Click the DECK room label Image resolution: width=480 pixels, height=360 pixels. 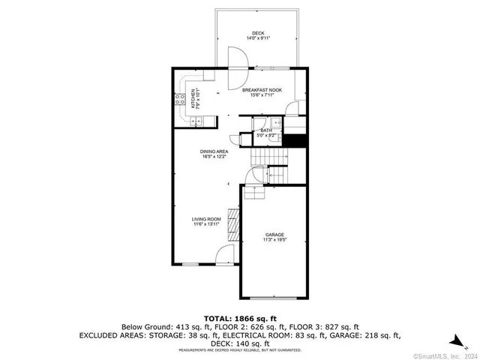point(258,33)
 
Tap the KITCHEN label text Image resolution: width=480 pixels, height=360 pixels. point(193,95)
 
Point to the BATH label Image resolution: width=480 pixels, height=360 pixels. point(266,130)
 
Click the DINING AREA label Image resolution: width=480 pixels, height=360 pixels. point(214,151)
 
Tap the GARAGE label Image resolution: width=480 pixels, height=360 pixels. point(274,235)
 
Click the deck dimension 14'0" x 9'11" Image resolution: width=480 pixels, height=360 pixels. point(258,38)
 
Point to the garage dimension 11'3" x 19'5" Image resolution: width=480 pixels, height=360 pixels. point(274,240)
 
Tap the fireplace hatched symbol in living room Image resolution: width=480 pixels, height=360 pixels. point(233,224)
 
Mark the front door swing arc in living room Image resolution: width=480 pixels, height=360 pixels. point(223,255)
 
